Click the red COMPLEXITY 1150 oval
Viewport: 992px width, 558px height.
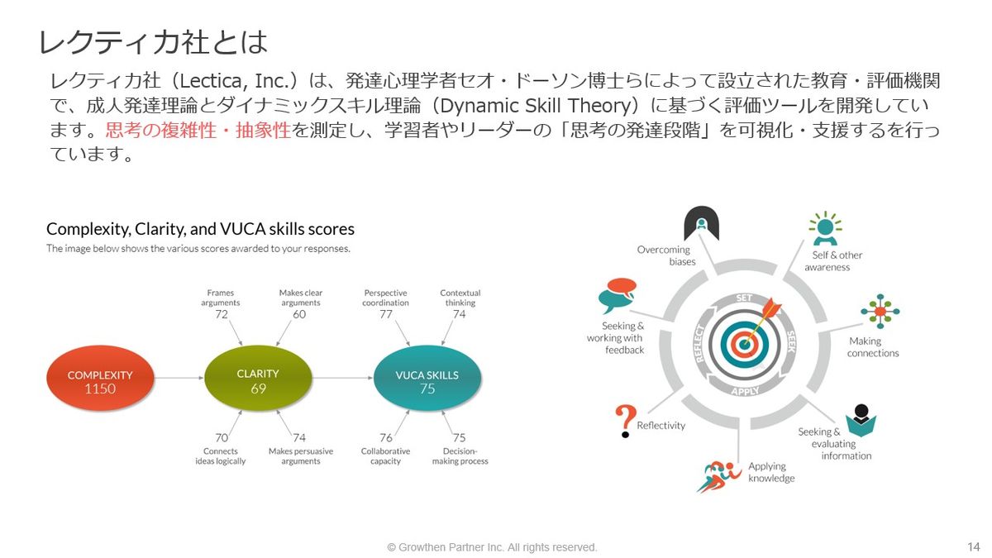point(101,379)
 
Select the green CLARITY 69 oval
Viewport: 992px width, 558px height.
point(258,378)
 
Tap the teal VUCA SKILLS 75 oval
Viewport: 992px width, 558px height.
point(427,378)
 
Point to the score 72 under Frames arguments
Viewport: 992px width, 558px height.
point(222,314)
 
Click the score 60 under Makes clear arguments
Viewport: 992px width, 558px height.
point(299,314)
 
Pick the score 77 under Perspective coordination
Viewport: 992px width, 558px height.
point(386,314)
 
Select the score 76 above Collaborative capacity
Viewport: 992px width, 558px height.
point(386,437)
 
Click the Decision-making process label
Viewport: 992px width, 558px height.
point(460,456)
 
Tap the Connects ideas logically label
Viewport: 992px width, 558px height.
point(221,456)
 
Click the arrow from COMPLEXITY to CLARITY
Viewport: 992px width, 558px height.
point(179,378)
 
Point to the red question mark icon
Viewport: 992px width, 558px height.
point(625,421)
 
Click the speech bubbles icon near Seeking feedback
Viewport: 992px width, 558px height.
point(618,295)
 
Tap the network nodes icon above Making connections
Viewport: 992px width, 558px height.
point(880,312)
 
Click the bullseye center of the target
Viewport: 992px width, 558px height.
point(745,344)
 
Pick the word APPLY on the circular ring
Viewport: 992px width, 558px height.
point(746,391)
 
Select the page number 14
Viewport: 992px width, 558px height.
point(974,547)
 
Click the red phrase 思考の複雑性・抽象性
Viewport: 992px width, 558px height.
point(198,131)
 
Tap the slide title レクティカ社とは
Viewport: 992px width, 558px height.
point(153,42)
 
